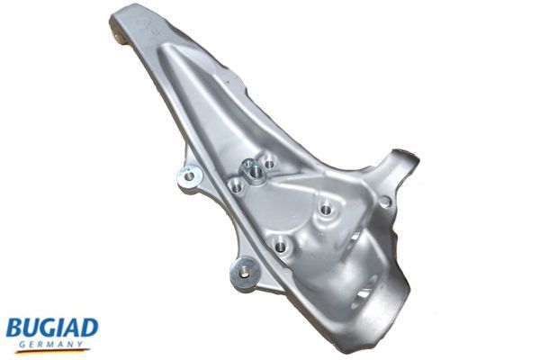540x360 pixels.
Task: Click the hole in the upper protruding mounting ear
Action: point(188,176)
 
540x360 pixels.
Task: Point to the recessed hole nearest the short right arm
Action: point(325,209)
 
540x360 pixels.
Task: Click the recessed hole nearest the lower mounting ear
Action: point(281,244)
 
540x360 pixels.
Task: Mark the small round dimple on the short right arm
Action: point(385,202)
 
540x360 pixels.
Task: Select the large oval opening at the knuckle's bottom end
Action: point(364,292)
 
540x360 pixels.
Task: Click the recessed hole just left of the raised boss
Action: point(235,186)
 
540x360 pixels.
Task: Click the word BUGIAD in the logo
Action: point(52,327)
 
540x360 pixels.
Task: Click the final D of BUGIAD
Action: point(90,326)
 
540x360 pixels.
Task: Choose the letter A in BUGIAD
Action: point(74,326)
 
